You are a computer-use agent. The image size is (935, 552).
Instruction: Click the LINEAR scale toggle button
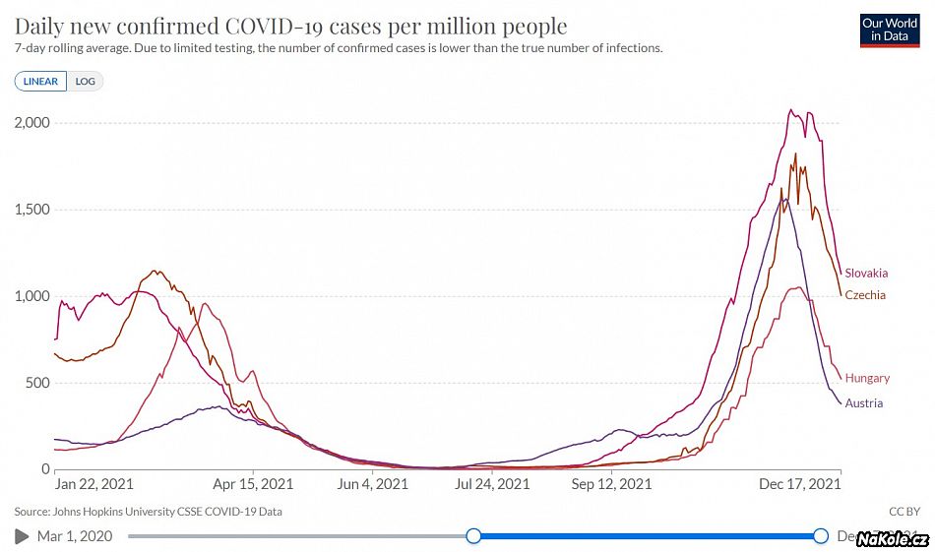[40, 82]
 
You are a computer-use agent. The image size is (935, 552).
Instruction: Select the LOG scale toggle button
[86, 82]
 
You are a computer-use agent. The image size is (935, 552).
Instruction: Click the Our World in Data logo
[889, 30]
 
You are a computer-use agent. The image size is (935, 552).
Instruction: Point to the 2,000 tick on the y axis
[32, 123]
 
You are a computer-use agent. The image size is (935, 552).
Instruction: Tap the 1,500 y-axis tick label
[32, 210]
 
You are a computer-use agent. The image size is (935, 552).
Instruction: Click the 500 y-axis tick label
[38, 383]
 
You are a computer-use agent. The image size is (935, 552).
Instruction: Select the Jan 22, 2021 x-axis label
[93, 484]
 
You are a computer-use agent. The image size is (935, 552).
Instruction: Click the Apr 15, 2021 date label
[253, 484]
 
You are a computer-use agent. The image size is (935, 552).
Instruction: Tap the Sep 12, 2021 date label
[611, 484]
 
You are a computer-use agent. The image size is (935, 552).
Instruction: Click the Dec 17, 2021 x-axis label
[800, 484]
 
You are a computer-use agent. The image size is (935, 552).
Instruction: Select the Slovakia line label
[866, 273]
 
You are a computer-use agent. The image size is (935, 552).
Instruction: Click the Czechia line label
[865, 295]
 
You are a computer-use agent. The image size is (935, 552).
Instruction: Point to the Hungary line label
[867, 378]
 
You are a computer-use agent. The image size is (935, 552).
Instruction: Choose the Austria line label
[864, 403]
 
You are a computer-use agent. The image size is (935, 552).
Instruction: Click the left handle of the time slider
[473, 535]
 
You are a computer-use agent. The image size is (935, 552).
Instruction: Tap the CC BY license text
[904, 512]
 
